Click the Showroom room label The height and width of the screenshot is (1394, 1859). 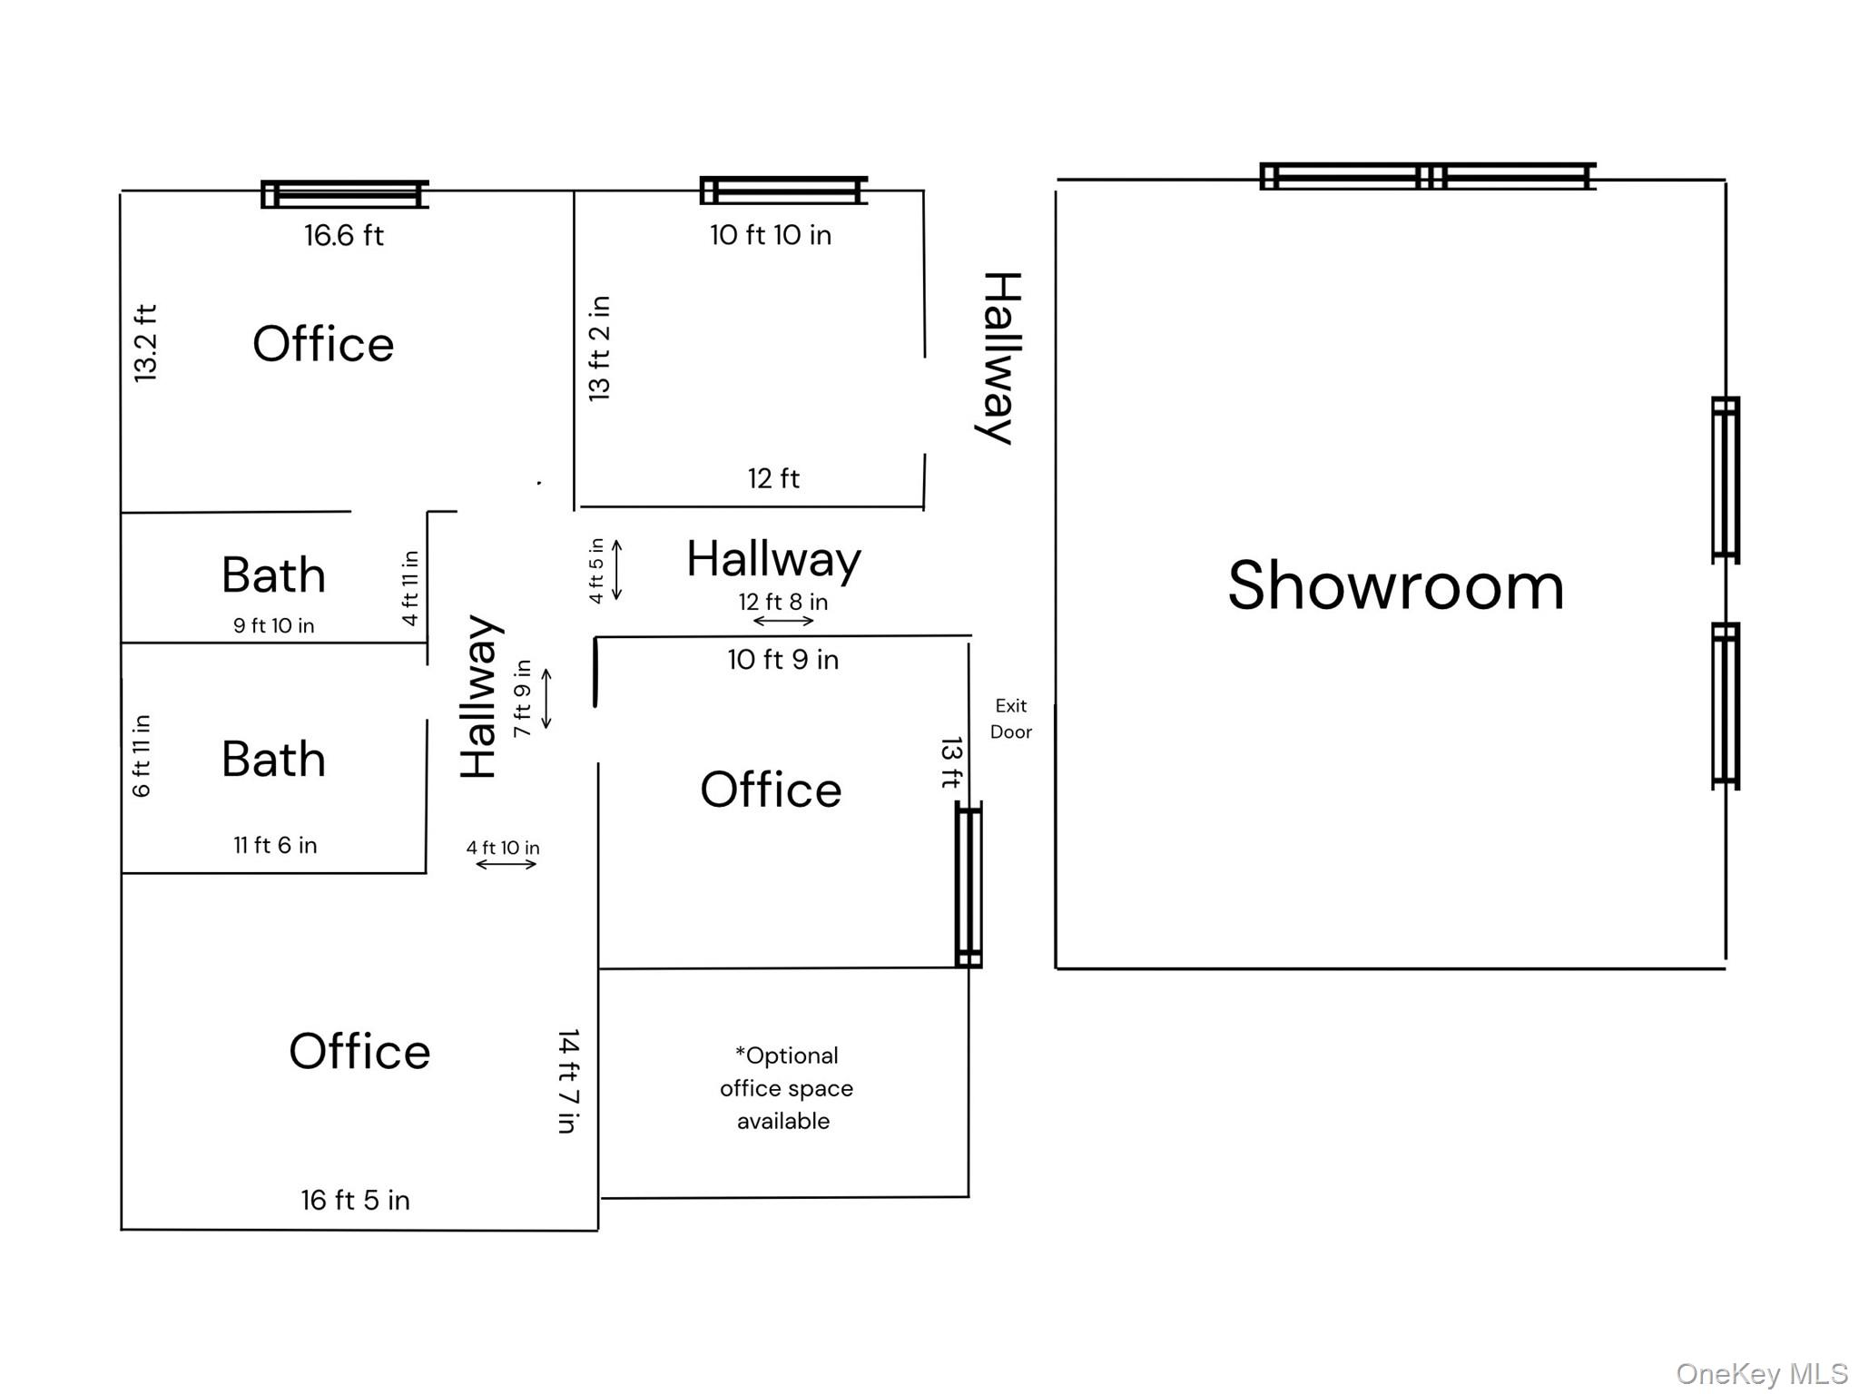(1395, 586)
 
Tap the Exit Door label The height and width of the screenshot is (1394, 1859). (1010, 719)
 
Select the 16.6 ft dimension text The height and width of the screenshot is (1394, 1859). (343, 236)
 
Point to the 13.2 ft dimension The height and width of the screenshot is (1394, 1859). (146, 343)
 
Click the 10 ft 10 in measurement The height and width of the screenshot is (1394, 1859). (770, 236)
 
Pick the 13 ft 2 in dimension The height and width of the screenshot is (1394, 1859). (599, 348)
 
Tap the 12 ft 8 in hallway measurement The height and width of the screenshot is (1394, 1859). (782, 602)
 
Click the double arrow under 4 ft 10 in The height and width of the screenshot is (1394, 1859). (507, 864)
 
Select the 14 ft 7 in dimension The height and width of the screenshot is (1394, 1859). (568, 1081)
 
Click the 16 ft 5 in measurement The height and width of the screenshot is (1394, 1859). (355, 1200)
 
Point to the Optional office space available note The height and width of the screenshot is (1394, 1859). (785, 1088)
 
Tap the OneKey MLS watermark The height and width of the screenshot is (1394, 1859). (1761, 1374)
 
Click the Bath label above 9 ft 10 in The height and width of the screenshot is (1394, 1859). (273, 575)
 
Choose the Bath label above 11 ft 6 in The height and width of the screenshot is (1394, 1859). (273, 760)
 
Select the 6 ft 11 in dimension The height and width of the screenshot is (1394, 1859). (142, 756)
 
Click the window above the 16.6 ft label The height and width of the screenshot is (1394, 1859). (344, 194)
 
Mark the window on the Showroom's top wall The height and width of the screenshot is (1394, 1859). (1427, 176)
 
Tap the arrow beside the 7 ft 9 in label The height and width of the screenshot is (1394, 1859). (546, 699)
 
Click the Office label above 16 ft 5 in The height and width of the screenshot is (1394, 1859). (359, 1052)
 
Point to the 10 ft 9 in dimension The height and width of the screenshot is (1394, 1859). (782, 660)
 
